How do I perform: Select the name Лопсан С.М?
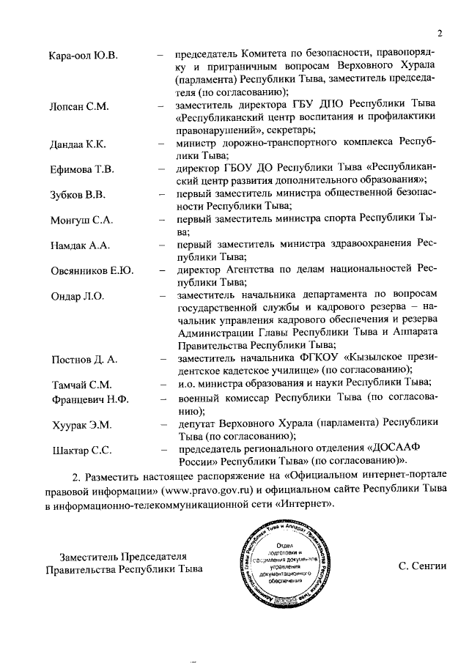[79, 107]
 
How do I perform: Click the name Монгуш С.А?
[81, 221]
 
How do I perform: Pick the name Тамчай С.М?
[81, 385]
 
